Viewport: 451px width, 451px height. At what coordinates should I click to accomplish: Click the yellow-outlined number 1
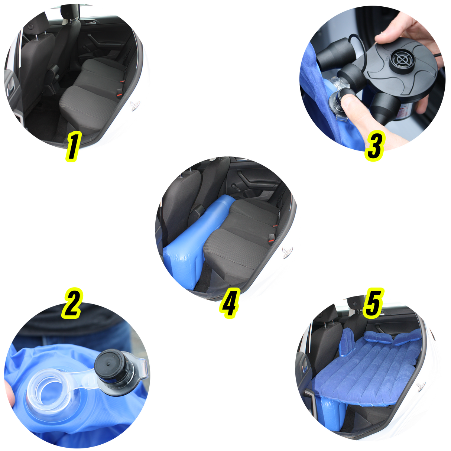click(73, 146)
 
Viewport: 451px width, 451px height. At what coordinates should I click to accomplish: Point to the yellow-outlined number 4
click(230, 303)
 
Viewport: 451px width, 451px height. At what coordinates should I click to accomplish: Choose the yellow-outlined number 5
click(374, 303)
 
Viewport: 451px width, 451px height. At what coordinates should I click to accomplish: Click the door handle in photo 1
click(91, 22)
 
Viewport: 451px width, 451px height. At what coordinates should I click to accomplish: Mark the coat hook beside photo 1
click(135, 105)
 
